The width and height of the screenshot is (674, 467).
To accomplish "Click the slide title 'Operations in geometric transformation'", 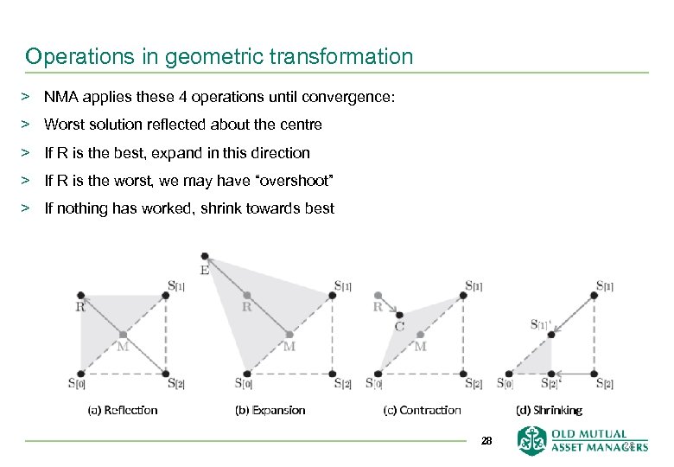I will [219, 57].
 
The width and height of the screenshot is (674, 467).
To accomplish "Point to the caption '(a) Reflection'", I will [123, 410].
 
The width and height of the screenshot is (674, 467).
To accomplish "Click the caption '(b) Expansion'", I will [270, 410].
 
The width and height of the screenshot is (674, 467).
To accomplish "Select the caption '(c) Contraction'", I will [422, 410].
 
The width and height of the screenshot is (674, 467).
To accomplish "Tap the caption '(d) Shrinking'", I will [549, 410].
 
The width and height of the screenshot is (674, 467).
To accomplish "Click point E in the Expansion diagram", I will [205, 256].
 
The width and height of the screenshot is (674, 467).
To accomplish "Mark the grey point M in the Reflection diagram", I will [124, 334].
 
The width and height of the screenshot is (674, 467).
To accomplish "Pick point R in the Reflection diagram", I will [80, 295].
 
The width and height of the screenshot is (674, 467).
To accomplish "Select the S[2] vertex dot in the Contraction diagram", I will [463, 374].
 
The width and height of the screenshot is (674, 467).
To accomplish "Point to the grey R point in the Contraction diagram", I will [378, 295].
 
